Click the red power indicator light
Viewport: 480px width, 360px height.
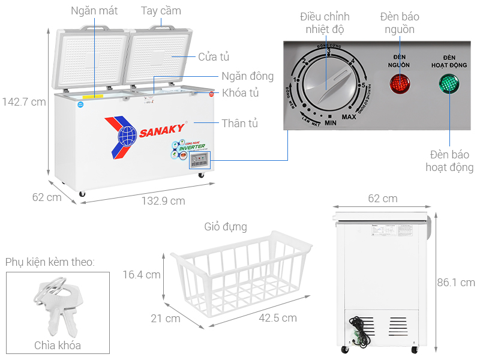tap(400, 85)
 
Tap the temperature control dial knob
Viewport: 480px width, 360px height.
tap(328, 86)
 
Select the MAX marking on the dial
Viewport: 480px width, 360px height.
tap(349, 116)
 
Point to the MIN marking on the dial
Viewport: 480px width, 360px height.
tap(330, 122)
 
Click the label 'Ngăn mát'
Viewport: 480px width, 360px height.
tap(94, 11)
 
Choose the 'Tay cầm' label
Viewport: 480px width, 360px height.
tap(161, 11)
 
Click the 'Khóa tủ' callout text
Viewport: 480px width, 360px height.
tap(240, 93)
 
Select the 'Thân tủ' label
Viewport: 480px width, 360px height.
tap(239, 124)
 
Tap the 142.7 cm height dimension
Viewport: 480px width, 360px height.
tap(23, 102)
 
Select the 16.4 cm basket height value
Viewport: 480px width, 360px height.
tap(141, 274)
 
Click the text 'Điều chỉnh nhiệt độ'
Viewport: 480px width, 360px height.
tap(326, 22)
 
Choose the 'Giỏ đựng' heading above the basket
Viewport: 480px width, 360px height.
tap(225, 227)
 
